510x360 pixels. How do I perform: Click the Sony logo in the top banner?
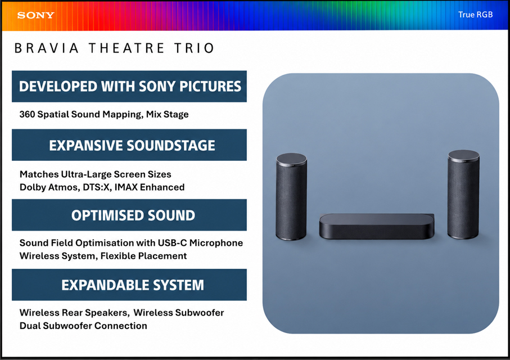tap(36, 15)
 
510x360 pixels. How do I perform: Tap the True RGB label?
tap(475, 15)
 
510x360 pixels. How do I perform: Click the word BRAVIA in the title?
tap(47, 48)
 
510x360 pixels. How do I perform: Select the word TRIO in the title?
tap(194, 48)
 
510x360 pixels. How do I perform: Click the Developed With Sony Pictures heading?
tap(130, 87)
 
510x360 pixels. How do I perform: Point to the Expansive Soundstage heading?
tap(132, 146)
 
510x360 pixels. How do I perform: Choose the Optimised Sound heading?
tap(133, 215)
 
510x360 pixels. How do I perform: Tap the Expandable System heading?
tap(133, 285)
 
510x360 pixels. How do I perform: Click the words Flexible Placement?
tap(143, 256)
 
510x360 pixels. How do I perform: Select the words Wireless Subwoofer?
tap(179, 313)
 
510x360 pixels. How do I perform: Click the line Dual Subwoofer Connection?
tap(83, 326)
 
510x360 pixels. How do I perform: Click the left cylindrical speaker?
tap(291, 197)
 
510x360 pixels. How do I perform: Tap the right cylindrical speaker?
tap(463, 194)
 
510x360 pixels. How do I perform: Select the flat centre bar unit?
tap(377, 226)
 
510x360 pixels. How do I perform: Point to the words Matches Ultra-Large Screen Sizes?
tap(95, 174)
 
